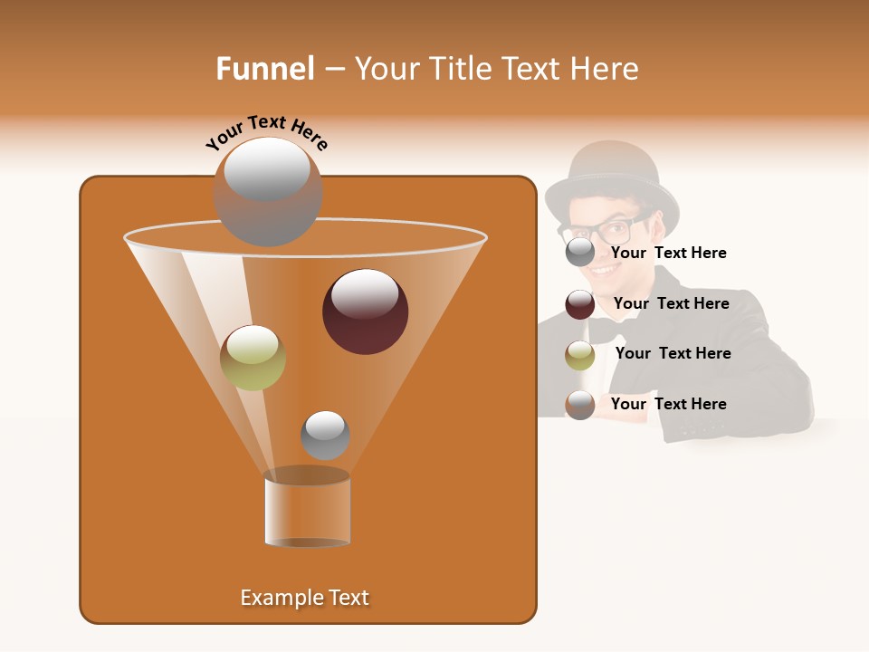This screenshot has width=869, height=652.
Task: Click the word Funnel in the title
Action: coord(265,69)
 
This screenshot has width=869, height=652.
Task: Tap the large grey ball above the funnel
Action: coord(267,192)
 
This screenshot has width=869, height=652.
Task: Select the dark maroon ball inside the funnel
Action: coord(365,312)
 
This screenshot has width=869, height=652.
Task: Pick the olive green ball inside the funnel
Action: coord(253,358)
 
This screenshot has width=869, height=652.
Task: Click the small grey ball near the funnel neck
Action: coord(325,436)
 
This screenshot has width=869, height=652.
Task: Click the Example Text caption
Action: coord(304,598)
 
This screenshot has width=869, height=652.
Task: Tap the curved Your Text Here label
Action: coord(267,132)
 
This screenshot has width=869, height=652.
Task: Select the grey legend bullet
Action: coord(579,253)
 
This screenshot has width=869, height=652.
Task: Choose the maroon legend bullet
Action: coord(579,304)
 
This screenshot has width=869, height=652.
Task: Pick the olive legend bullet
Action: coord(579,355)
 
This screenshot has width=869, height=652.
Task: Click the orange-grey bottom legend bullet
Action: coord(579,405)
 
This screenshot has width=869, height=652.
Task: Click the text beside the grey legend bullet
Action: coord(668,253)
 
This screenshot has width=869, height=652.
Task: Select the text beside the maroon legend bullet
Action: coord(671,303)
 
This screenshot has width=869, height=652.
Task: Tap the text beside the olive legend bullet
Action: coord(673,353)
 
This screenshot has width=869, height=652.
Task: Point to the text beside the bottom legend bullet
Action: coord(668,404)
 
